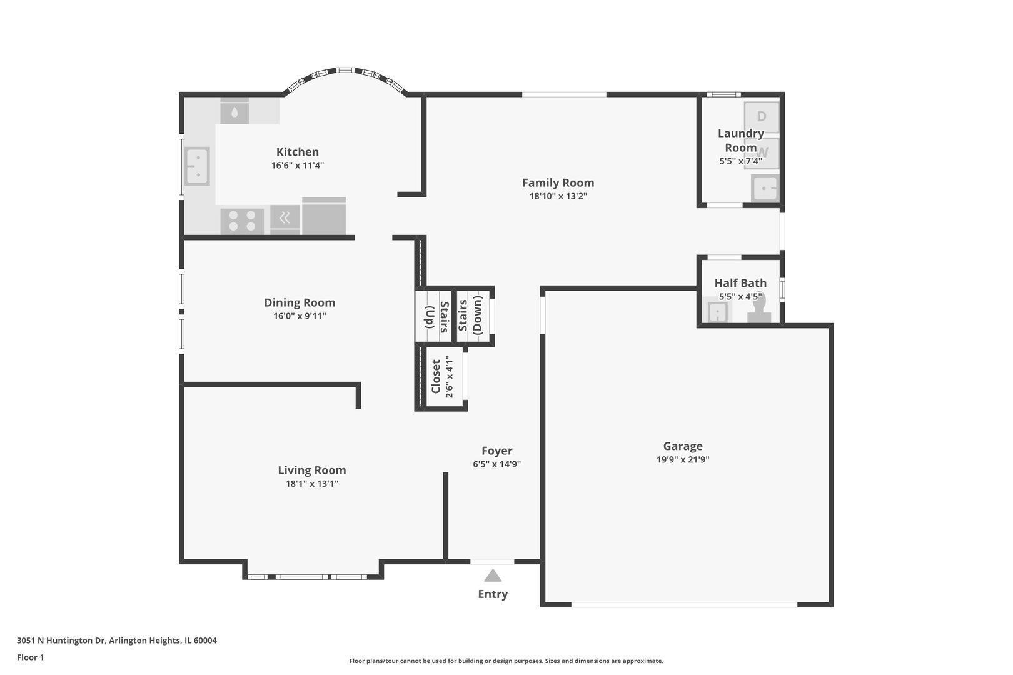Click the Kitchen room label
[297, 152]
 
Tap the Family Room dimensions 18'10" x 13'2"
[558, 196]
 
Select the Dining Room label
[300, 302]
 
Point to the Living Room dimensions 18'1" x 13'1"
[311, 484]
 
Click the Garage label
[683, 446]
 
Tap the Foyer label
[496, 451]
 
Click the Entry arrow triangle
[493, 576]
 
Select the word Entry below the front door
[493, 594]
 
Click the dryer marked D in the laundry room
[762, 117]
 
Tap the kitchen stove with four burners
[242, 221]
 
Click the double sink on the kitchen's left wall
[197, 166]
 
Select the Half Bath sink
[717, 312]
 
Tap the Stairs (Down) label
[470, 316]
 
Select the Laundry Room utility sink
[765, 188]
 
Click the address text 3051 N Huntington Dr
[61, 641]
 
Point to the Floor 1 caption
[30, 657]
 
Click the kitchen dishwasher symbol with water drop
[234, 112]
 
